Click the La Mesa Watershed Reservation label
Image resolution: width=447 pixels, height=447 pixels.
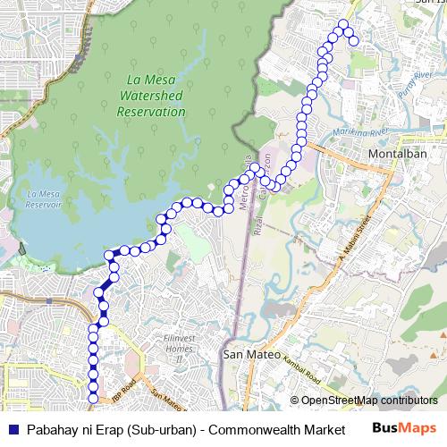click(x=150, y=96)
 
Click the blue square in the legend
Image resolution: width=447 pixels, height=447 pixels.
click(x=13, y=429)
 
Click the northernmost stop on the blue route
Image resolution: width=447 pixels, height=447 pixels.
click(x=342, y=24)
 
